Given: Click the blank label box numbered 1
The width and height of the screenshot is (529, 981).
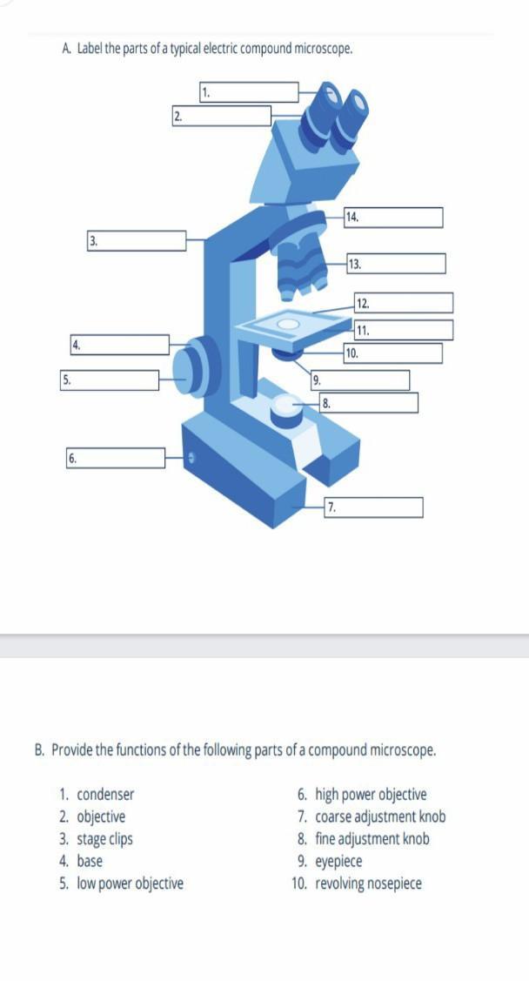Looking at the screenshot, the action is pos(249,92).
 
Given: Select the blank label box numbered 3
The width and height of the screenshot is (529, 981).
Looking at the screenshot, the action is pos(137,241).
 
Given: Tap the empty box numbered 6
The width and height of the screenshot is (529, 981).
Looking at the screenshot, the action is pos(116,458).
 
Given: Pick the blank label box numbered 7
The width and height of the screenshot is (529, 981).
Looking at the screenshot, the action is pos(373,507).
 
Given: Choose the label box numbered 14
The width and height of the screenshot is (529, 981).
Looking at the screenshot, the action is pos(393,218).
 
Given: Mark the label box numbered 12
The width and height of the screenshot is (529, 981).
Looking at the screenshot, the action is pos(404,303).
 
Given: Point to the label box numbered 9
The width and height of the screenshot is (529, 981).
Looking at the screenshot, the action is pos(360,380).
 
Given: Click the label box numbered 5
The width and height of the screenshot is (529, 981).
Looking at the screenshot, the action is pos(110,380).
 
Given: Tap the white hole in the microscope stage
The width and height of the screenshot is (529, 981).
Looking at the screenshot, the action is pos(288,324).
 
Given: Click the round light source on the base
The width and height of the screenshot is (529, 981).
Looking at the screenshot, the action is pos(285,407).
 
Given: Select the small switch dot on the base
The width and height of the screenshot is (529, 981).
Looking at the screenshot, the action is pos(192,459).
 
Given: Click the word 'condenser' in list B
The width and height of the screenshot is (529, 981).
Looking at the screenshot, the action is pos(105,795).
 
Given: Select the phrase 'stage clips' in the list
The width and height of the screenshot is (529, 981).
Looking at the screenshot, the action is pos(105,839).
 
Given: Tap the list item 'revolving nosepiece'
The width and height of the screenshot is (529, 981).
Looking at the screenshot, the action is pos(368,884).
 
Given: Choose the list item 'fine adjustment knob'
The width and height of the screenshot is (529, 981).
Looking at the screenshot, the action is pos(372,839).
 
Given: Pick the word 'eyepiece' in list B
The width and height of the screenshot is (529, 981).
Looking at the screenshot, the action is pos(338,862).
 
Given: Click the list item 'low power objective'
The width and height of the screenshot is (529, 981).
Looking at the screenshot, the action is pos(130,884).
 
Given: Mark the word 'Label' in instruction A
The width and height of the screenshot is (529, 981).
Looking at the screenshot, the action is pos(90,49).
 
